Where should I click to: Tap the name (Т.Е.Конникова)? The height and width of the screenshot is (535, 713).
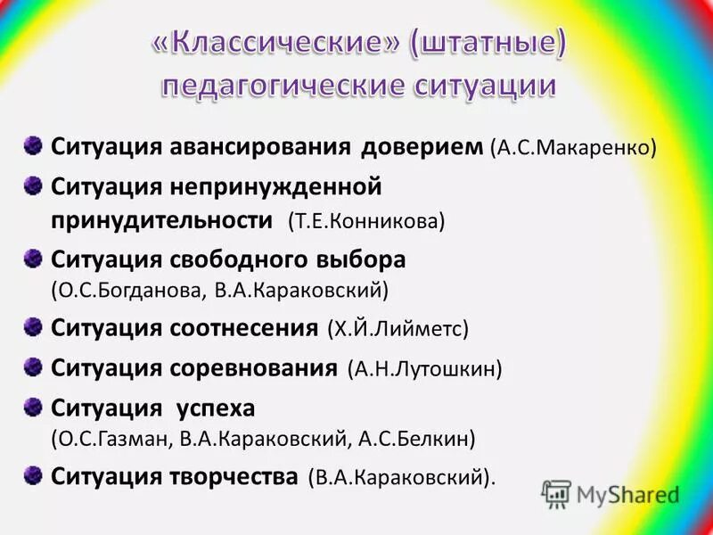click(366, 221)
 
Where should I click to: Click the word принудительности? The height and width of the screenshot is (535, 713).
click(161, 220)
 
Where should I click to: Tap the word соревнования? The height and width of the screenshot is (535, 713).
click(253, 367)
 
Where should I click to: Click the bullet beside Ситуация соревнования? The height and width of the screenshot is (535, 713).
click(33, 366)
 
